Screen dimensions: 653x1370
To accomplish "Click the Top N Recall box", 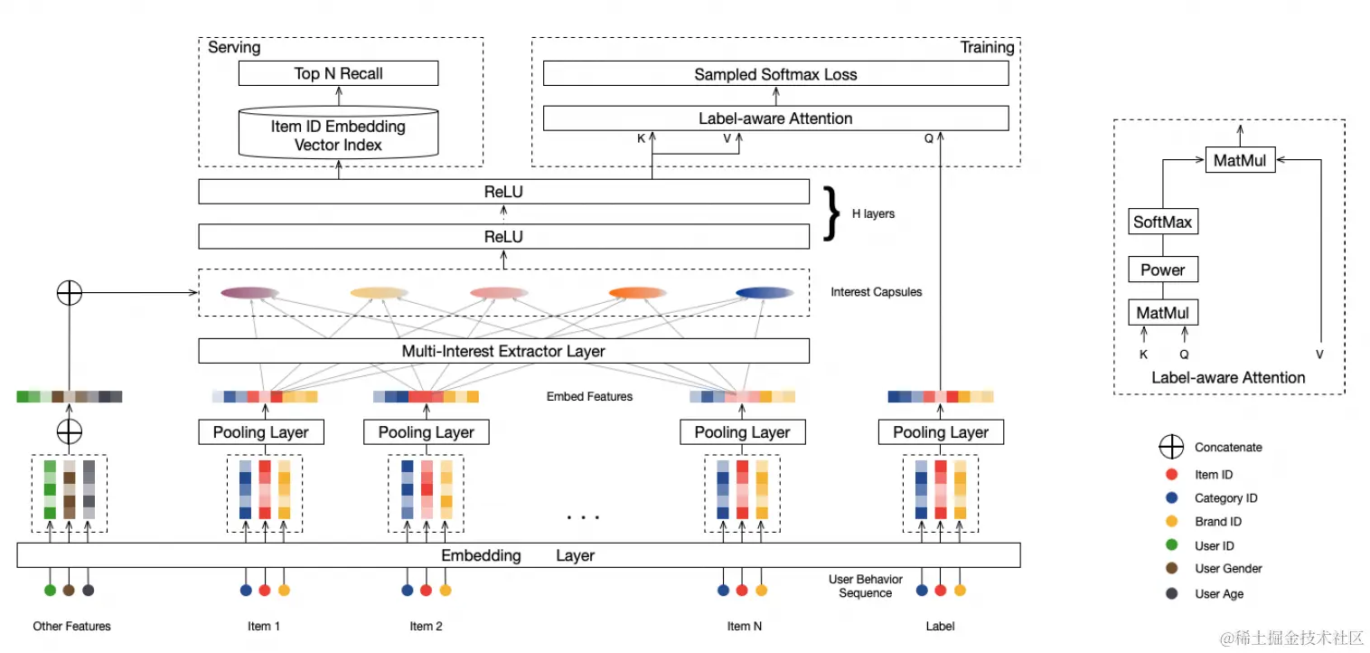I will [x=338, y=73].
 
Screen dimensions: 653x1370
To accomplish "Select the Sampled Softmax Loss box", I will [x=775, y=74].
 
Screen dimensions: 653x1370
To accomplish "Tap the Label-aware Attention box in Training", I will [x=775, y=118].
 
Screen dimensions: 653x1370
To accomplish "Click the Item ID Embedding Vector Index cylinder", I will [x=338, y=136].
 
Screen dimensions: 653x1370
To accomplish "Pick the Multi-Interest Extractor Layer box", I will [x=503, y=351].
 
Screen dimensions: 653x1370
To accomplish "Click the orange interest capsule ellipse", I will [x=637, y=293].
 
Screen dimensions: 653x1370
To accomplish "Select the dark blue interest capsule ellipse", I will [x=765, y=293].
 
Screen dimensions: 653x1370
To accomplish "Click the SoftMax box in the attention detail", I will [x=1163, y=222].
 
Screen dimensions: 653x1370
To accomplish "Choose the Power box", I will [x=1163, y=270].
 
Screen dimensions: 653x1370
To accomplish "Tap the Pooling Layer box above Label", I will [x=941, y=432].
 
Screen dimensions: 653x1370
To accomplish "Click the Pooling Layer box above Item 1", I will [x=260, y=432].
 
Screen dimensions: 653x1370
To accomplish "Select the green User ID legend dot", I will [x=1172, y=545].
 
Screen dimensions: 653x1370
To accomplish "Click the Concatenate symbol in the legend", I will [x=1172, y=447].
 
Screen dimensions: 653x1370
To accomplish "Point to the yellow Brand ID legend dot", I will [x=1172, y=521].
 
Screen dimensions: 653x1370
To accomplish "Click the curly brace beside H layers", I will [x=831, y=213].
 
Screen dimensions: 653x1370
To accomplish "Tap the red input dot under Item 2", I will [x=426, y=591].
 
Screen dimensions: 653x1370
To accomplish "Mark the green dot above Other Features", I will [x=50, y=591].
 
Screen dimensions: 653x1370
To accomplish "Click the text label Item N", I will [x=744, y=626].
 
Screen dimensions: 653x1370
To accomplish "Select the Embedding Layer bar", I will [x=518, y=555].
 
